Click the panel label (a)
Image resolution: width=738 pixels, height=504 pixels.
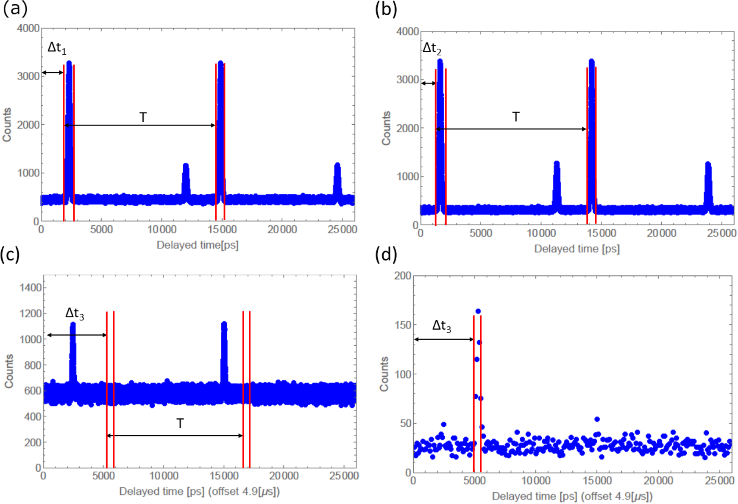(15, 8)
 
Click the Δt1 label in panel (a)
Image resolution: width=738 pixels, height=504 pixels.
(57, 48)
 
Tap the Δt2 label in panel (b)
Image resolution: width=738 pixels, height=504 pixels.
(432, 48)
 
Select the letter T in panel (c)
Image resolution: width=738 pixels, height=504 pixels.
(180, 423)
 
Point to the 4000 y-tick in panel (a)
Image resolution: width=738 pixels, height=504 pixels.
(28, 28)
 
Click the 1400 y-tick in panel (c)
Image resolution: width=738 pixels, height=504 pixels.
(31, 288)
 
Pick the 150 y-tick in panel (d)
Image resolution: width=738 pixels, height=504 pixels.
(402, 325)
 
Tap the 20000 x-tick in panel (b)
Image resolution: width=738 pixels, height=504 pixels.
(661, 233)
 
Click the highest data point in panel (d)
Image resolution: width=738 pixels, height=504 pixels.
(478, 311)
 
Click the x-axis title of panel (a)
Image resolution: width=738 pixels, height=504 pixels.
(198, 245)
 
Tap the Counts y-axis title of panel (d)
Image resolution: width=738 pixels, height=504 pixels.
(384, 374)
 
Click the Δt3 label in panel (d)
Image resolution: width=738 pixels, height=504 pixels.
(441, 326)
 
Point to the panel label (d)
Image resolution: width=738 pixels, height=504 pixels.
(386, 255)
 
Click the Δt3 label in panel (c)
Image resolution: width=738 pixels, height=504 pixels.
(75, 314)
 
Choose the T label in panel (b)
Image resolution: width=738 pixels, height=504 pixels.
(516, 117)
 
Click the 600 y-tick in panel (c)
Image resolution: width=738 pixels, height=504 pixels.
(33, 391)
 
